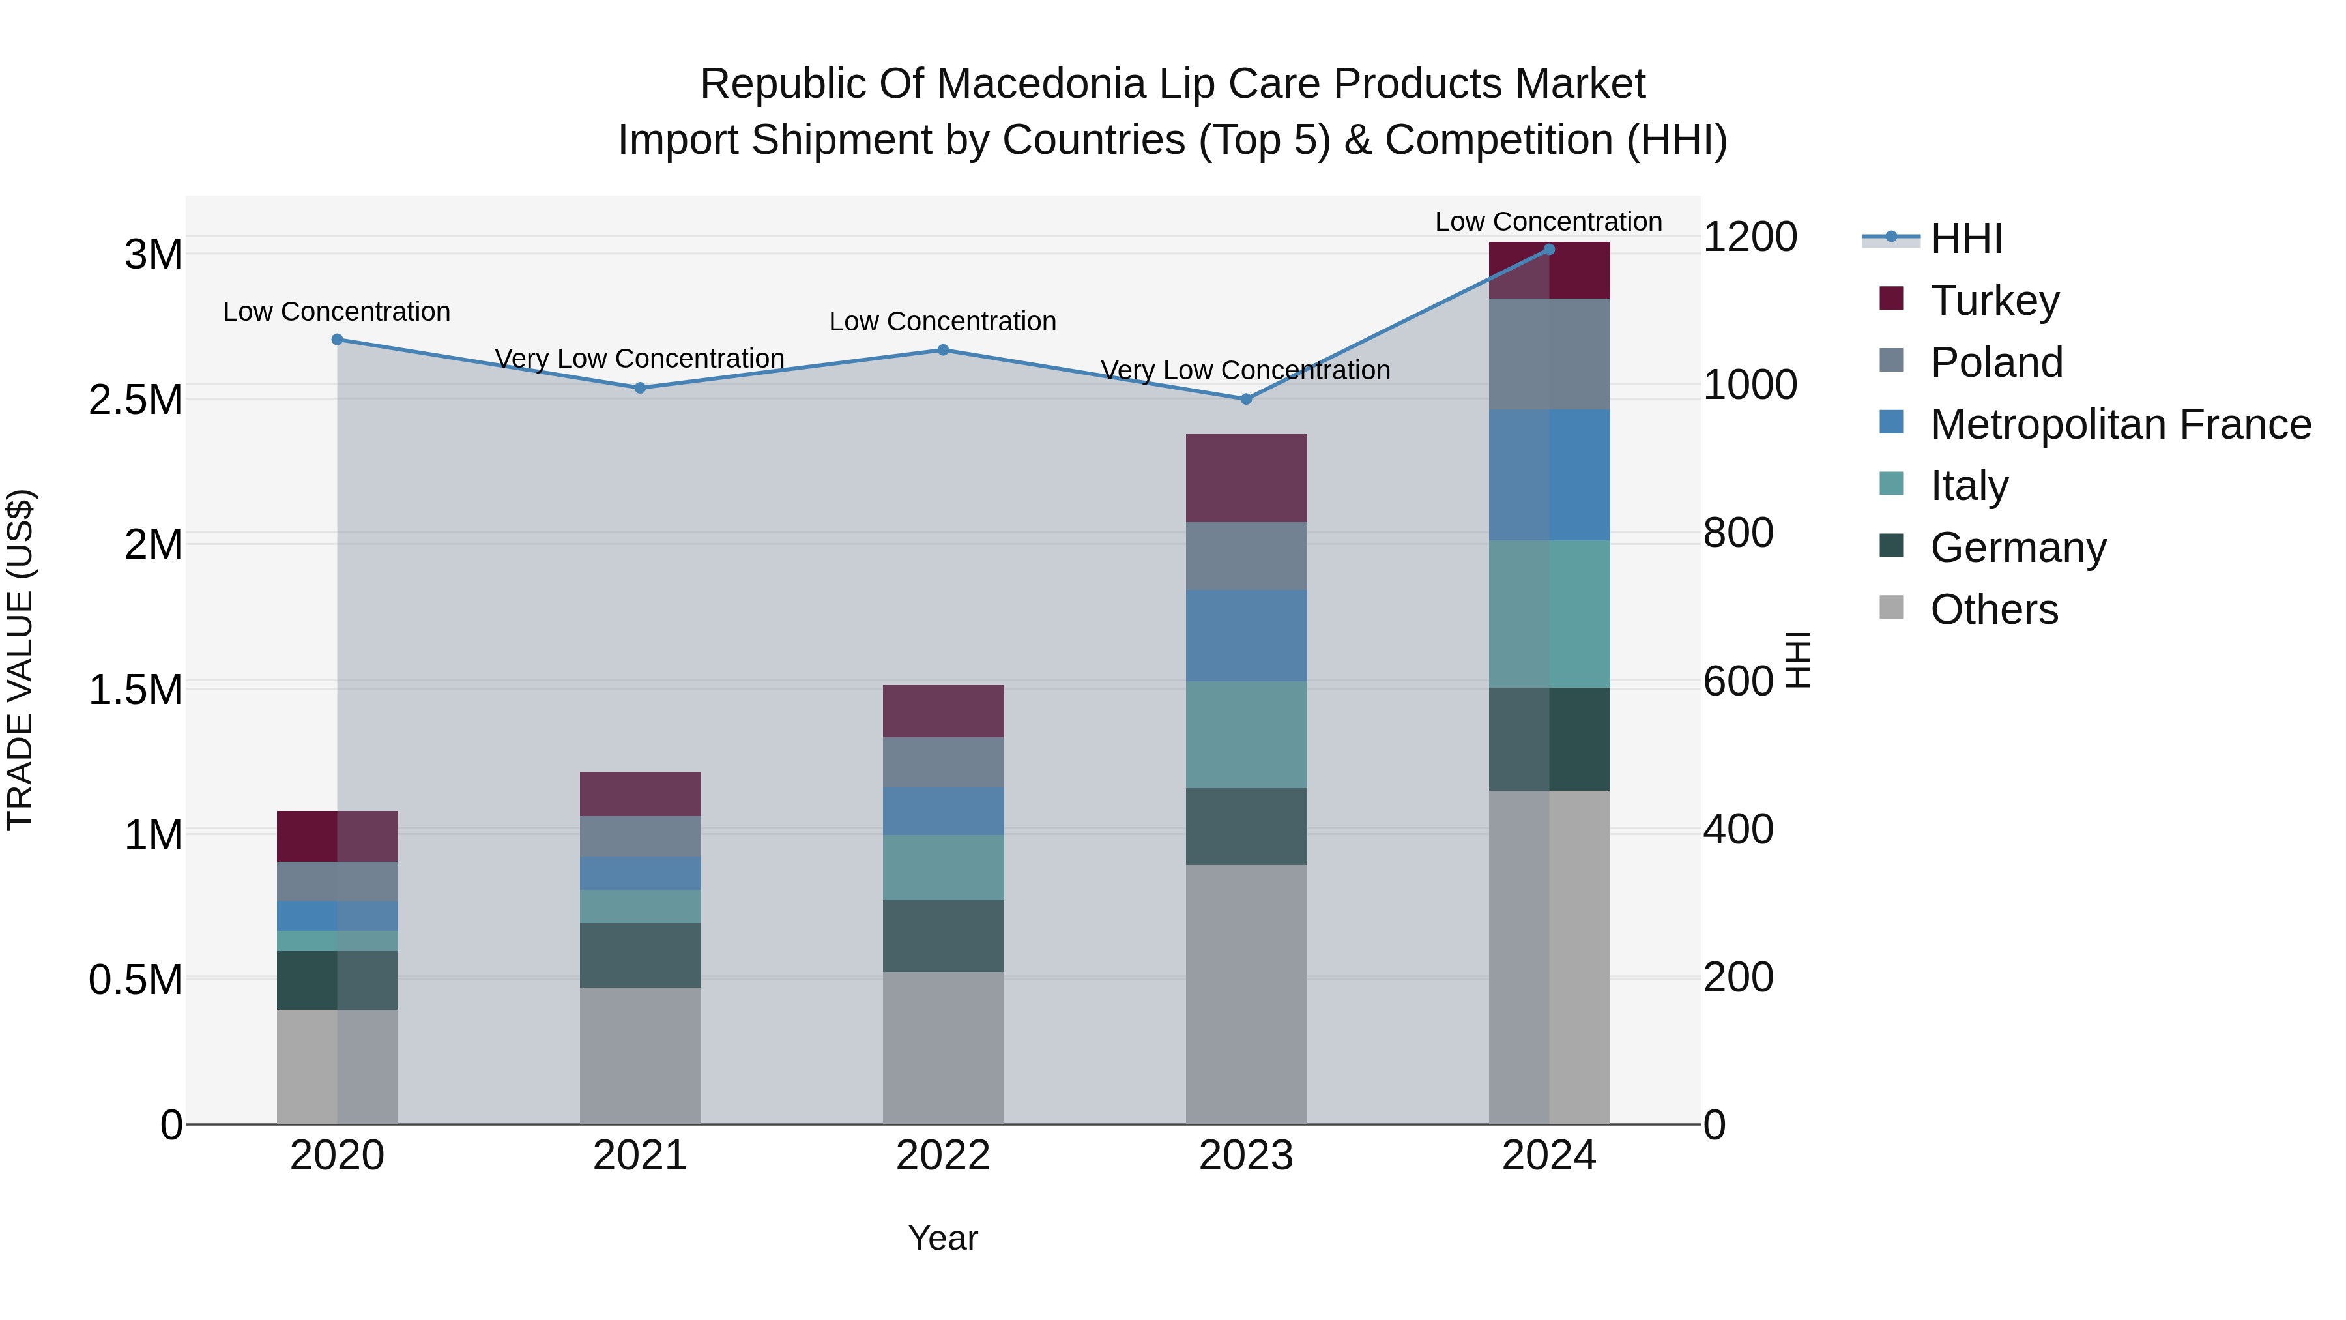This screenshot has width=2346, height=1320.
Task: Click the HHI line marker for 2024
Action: [x=1549, y=249]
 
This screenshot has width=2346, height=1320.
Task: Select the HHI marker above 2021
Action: [x=640, y=388]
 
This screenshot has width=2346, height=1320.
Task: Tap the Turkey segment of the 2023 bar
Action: [x=1246, y=478]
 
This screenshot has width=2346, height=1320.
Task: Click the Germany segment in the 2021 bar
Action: [x=640, y=955]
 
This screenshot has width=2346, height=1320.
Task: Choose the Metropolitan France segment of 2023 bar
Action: [x=1246, y=635]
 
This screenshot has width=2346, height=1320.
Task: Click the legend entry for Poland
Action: [x=1996, y=362]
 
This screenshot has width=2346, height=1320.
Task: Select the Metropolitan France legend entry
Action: [x=2120, y=424]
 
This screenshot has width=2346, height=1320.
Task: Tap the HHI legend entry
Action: [x=1965, y=239]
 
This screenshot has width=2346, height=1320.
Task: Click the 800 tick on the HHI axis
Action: [x=1737, y=533]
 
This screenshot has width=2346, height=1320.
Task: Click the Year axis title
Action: [x=942, y=1238]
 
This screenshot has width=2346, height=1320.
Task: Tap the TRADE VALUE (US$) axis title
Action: [x=20, y=660]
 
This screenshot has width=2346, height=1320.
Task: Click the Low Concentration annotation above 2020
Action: [x=337, y=312]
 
